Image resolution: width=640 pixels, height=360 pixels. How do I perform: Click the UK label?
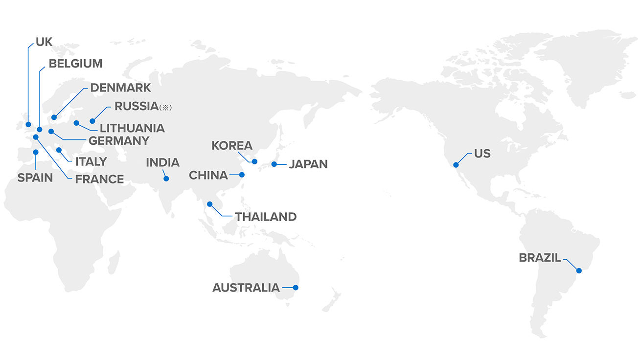(x=44, y=42)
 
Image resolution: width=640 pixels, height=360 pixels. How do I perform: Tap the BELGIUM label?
(x=75, y=64)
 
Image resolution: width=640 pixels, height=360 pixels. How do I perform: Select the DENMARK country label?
(x=120, y=88)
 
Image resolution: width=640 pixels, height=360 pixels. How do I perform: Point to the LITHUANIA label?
(x=132, y=129)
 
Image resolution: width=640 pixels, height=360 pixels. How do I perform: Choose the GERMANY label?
(x=118, y=141)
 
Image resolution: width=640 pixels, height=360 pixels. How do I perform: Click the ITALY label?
(x=91, y=161)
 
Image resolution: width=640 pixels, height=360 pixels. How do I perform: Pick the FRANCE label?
(x=99, y=180)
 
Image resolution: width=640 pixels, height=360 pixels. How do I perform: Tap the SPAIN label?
(x=35, y=178)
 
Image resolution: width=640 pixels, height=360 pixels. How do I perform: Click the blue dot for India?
(x=166, y=179)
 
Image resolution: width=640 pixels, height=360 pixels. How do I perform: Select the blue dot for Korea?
(x=254, y=161)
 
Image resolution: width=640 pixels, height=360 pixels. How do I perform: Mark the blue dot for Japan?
(x=274, y=164)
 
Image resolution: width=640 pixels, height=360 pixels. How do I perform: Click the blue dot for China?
(x=242, y=175)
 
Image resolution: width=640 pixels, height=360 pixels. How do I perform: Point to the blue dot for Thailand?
(x=210, y=204)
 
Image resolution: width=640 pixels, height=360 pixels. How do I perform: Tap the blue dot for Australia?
(x=296, y=288)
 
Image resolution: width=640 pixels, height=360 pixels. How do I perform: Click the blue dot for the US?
(x=456, y=165)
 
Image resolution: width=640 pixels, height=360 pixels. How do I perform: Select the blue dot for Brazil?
(x=579, y=270)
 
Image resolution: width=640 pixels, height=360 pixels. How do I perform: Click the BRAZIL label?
(x=540, y=258)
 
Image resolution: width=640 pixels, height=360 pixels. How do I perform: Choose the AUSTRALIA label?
(x=246, y=288)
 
